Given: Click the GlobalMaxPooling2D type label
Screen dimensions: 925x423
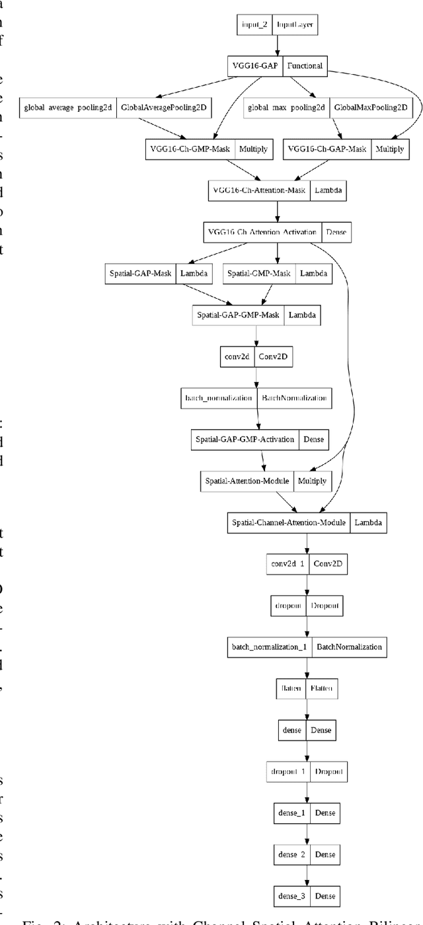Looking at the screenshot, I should coord(370,107).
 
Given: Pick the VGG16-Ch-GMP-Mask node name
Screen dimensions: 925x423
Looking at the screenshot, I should coord(187,149).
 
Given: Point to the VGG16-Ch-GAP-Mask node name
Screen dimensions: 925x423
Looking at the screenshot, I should coord(327,149).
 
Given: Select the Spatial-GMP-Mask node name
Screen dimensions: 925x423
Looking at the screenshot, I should coord(259,272).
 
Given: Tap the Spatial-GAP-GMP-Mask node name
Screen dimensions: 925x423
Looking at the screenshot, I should coord(238,314).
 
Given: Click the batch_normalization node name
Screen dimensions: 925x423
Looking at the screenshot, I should coord(218,399).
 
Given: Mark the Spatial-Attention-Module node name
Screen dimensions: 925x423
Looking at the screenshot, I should coord(246,481).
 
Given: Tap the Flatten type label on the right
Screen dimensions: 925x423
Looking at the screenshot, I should coord(321,689).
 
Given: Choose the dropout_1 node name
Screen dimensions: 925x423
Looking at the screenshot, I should coord(288,771).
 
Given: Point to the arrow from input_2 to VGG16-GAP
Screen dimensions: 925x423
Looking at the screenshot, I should coord(278,45).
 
